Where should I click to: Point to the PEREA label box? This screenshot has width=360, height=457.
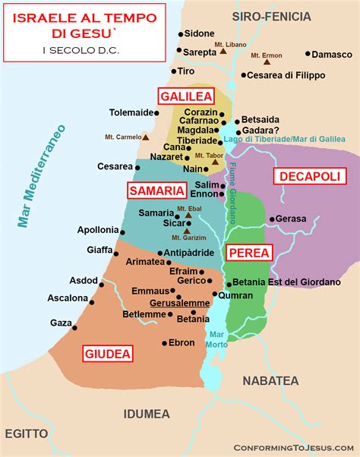tap(248, 254)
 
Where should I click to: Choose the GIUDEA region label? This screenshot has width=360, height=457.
tap(108, 353)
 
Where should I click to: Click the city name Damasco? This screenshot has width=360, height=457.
tap(333, 55)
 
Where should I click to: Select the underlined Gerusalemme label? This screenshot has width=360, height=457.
tap(179, 302)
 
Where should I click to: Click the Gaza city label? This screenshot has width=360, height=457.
tap(60, 323)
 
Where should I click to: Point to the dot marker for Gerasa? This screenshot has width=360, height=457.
tap(271, 219)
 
